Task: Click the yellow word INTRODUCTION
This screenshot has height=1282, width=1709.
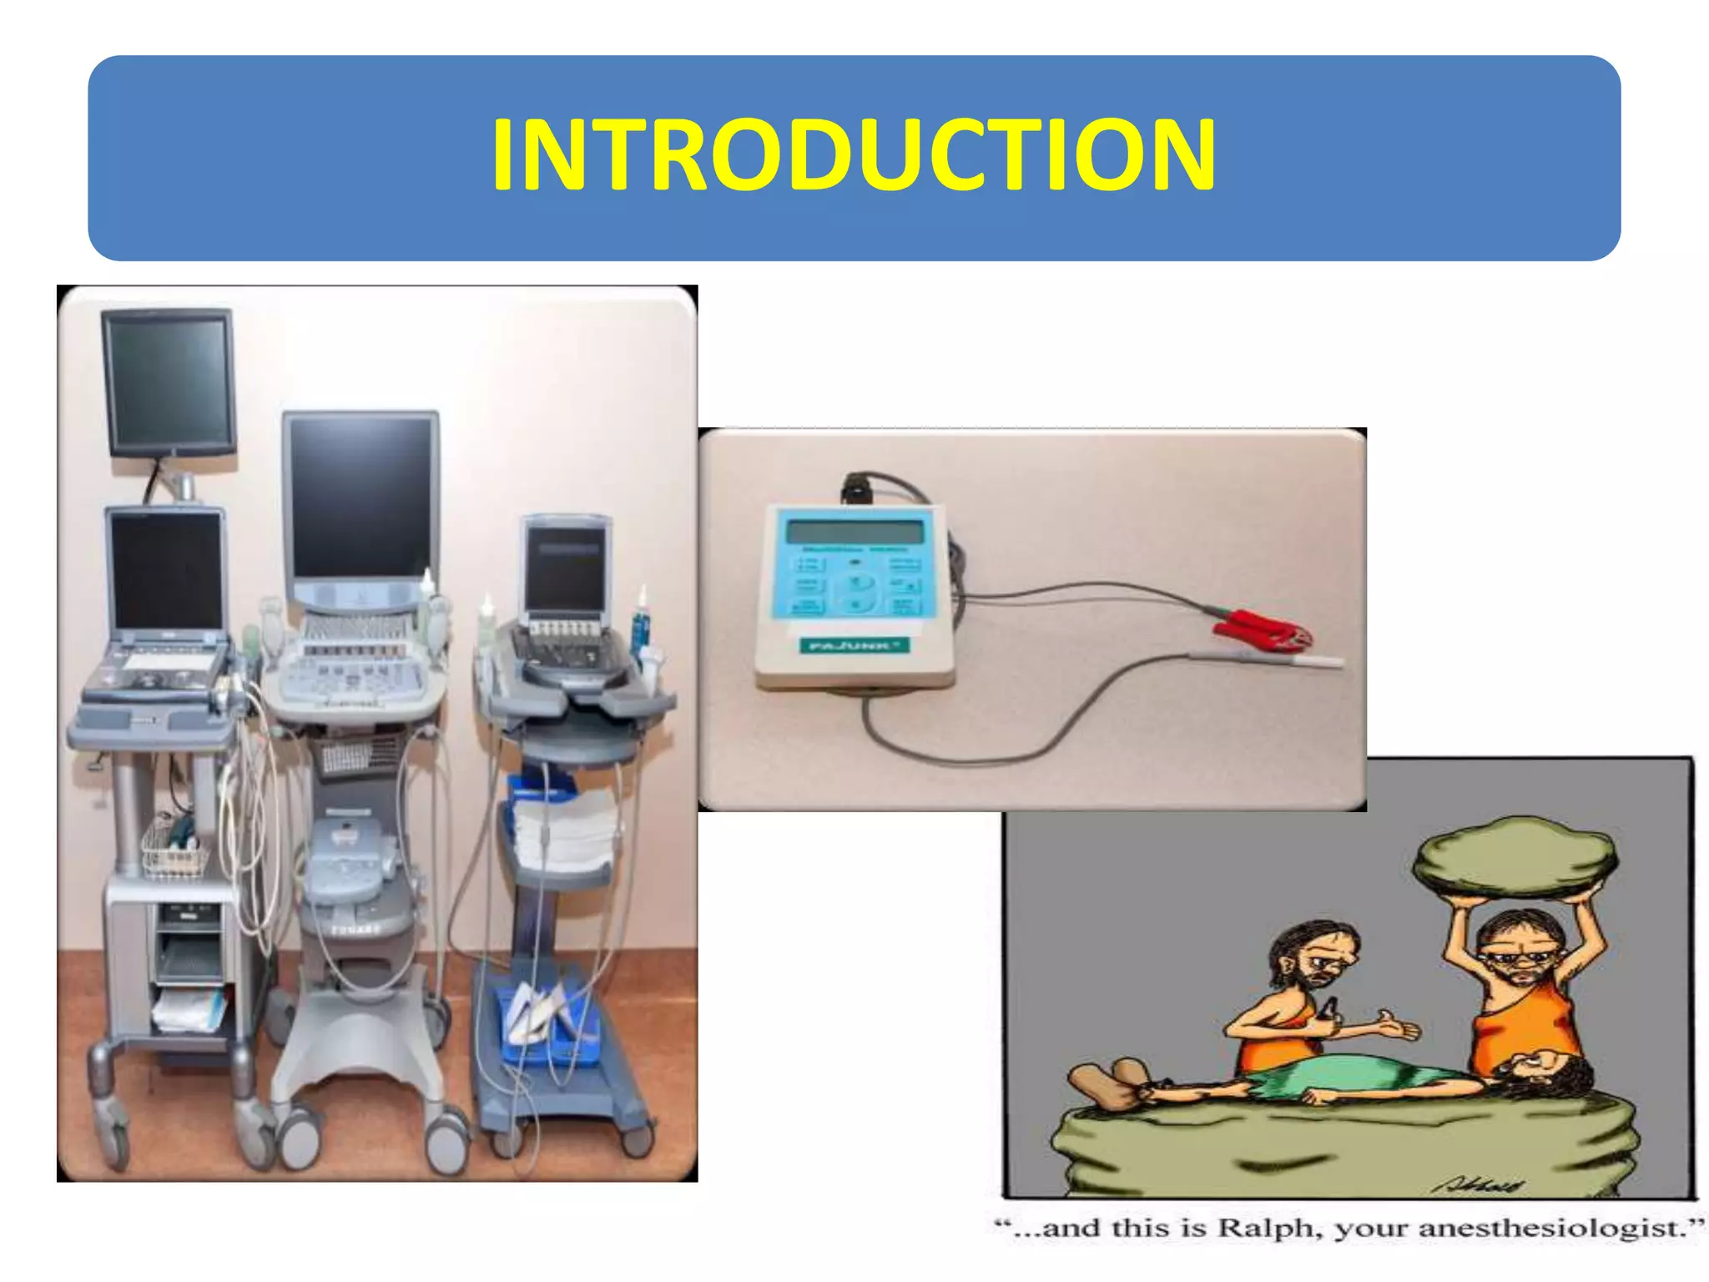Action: pos(854,156)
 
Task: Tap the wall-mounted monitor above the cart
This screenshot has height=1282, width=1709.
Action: pos(169,380)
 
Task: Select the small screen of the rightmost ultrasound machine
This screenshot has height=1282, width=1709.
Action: pos(565,567)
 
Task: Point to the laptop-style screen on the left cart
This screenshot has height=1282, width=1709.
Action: pos(167,571)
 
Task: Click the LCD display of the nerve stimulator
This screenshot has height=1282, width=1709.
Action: pos(854,532)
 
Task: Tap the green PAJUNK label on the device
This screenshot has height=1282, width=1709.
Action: pos(853,645)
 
